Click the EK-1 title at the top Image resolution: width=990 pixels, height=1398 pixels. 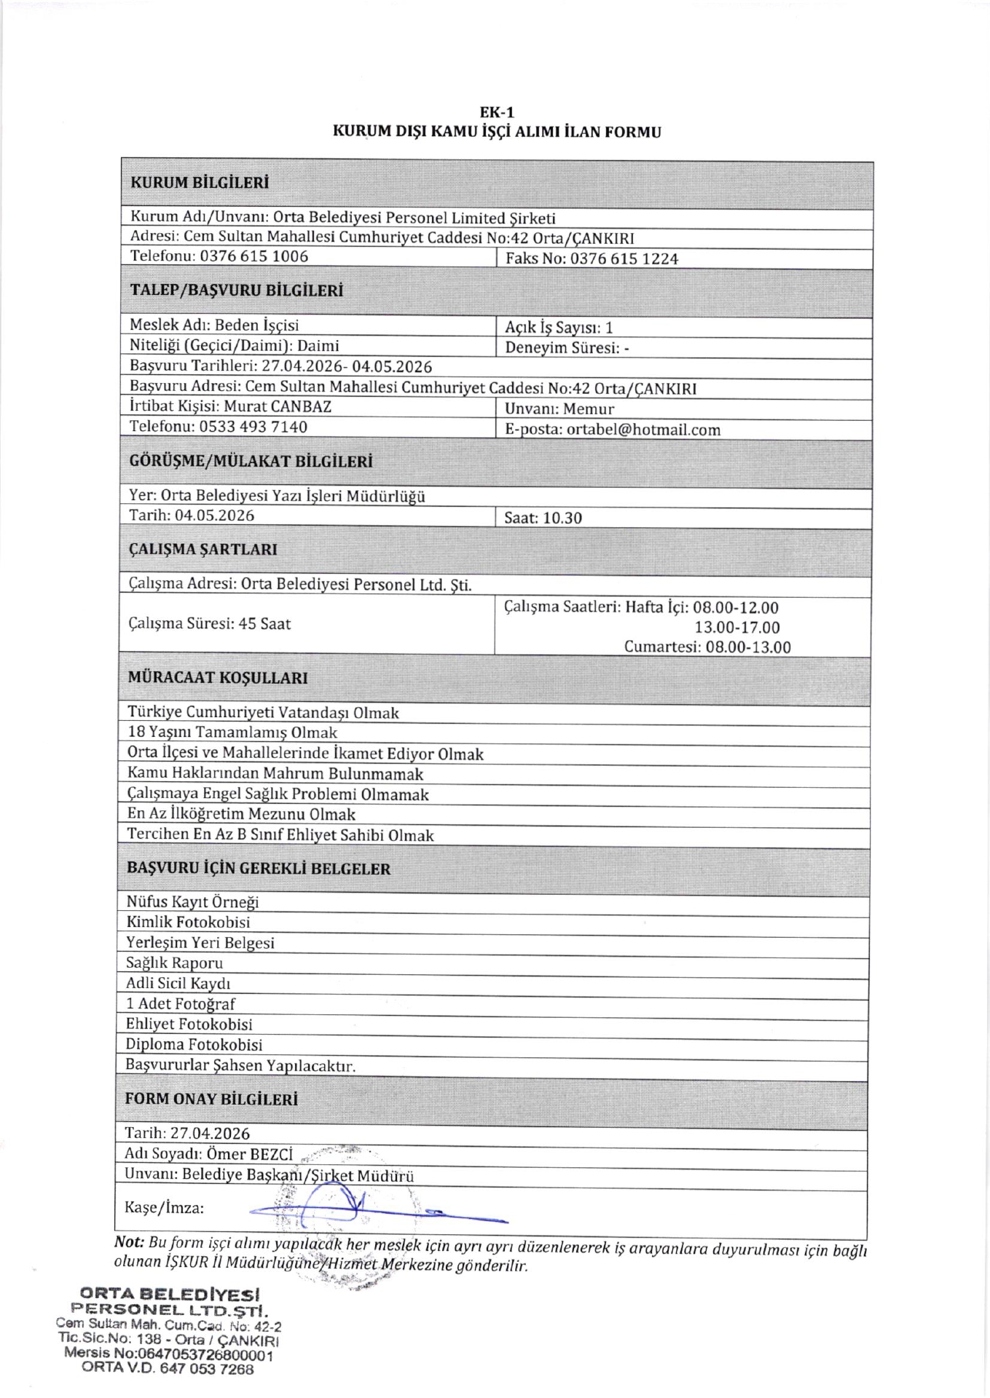pos(497,112)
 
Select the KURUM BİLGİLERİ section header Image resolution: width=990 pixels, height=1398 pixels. pos(200,183)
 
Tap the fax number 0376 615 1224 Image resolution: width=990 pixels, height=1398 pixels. pos(624,258)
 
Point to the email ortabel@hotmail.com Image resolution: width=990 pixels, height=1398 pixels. pos(643,430)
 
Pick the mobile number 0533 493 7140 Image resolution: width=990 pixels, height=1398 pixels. pos(253,427)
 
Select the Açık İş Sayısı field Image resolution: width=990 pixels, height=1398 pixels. pos(559,328)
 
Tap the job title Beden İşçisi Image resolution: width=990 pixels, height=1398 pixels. pos(256,325)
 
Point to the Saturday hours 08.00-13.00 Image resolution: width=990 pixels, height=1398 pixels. pos(748,647)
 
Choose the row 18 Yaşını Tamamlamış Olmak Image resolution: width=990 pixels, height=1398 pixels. pos(232,732)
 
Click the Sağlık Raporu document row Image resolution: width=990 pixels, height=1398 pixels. pos(174,963)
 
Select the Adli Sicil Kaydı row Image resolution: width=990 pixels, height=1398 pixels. pos(178,983)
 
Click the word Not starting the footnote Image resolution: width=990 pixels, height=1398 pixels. pos(129,1242)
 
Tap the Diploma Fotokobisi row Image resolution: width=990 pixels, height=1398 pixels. pos(194,1044)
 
